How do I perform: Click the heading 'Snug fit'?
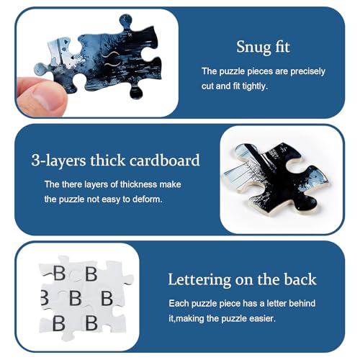263,47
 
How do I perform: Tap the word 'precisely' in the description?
307,71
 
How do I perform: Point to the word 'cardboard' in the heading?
165,160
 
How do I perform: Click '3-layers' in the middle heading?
58,161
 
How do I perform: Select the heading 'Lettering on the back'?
242,279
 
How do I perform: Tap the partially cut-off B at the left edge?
45,297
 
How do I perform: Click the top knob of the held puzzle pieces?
125,21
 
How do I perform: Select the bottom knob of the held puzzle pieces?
136,92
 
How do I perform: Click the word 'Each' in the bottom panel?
179,303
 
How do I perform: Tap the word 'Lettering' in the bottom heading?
199,280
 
